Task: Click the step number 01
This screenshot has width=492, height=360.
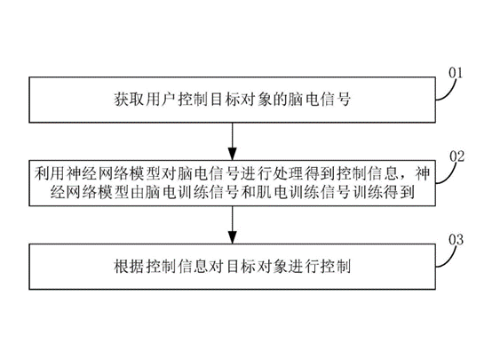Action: click(456, 73)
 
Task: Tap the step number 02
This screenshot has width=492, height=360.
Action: click(456, 156)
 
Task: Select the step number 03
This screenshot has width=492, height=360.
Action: click(456, 240)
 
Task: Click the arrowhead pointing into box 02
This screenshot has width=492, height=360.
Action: click(232, 154)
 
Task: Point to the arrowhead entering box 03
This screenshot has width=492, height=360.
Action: click(232, 237)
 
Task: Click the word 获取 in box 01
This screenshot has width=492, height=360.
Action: click(129, 100)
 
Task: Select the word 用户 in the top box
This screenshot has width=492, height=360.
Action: click(161, 100)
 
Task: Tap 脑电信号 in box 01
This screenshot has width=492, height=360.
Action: click(320, 100)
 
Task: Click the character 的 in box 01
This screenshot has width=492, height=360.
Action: click(280, 100)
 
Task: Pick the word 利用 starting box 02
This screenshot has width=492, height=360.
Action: click(50, 173)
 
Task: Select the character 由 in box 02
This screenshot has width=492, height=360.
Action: click(137, 192)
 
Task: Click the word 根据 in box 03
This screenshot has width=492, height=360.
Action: click(129, 267)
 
